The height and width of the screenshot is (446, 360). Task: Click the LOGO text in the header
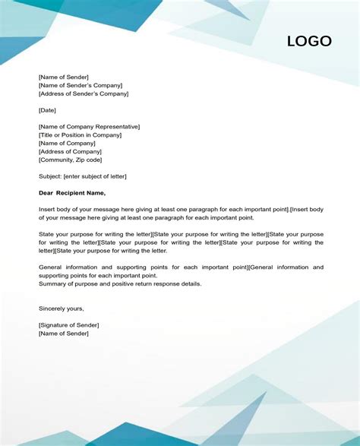pos(309,42)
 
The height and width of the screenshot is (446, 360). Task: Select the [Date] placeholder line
pos(47,110)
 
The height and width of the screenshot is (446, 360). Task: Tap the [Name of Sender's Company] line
pos(81,85)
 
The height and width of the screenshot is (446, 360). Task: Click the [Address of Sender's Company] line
pos(84,93)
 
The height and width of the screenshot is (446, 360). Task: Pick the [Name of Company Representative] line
pos(89,127)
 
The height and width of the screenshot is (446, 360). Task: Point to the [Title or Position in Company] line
pos(80,135)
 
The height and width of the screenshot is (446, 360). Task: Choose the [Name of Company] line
pos(67,144)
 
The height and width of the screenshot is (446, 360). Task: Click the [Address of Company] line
pos(70,152)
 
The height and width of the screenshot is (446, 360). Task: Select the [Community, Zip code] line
pos(70,160)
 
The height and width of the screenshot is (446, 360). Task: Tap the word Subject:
pos(50,176)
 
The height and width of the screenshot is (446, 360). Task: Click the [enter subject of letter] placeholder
pos(96,176)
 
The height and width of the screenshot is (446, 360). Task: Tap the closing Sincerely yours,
pos(62,308)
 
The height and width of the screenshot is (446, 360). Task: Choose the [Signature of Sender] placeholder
pos(68,325)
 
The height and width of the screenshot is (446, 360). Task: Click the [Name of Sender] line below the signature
pos(63,334)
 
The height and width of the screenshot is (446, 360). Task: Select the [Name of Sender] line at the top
pos(63,77)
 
